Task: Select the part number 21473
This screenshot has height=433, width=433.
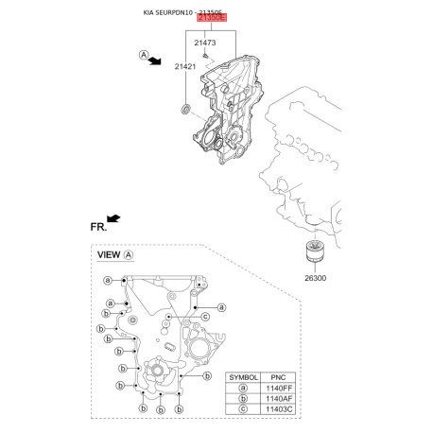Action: (x=206, y=43)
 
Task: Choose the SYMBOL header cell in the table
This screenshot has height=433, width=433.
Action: (x=243, y=375)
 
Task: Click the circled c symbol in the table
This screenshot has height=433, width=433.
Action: (x=243, y=412)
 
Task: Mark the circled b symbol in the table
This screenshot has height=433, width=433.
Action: (x=243, y=400)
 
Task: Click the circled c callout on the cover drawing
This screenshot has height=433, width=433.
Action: (x=204, y=316)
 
